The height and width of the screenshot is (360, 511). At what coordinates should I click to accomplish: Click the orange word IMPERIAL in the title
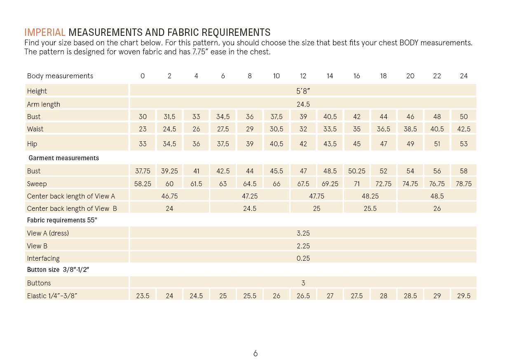(45, 33)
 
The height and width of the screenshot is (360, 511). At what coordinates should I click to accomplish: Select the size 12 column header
(303, 76)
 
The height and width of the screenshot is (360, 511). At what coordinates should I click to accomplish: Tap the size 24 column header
(464, 76)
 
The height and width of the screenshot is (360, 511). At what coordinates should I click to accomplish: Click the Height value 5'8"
(303, 91)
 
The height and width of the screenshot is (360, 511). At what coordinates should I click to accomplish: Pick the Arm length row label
(44, 104)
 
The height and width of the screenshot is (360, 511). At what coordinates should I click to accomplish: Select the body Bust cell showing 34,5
(223, 117)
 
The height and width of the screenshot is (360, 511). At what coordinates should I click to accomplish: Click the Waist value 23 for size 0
(143, 129)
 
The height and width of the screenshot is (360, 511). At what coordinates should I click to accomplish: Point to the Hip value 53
(464, 144)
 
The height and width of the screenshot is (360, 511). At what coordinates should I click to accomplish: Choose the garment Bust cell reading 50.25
(356, 171)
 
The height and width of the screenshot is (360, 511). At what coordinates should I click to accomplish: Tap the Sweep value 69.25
(330, 184)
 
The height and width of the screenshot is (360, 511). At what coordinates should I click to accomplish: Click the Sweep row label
(37, 184)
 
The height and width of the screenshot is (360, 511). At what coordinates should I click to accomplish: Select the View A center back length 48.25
(370, 196)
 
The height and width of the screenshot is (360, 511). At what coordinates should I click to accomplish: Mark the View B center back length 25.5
(370, 208)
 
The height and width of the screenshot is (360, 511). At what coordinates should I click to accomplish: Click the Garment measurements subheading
(64, 158)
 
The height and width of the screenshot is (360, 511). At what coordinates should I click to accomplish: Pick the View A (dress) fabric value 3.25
(303, 233)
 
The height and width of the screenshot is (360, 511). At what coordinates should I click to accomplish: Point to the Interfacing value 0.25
(303, 258)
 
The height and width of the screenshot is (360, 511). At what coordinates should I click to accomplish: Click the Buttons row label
(39, 283)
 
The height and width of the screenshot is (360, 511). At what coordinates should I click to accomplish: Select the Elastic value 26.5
(303, 296)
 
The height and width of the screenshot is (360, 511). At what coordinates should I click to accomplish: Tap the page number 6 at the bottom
(255, 353)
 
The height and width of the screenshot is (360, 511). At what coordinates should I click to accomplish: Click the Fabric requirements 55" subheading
(62, 220)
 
